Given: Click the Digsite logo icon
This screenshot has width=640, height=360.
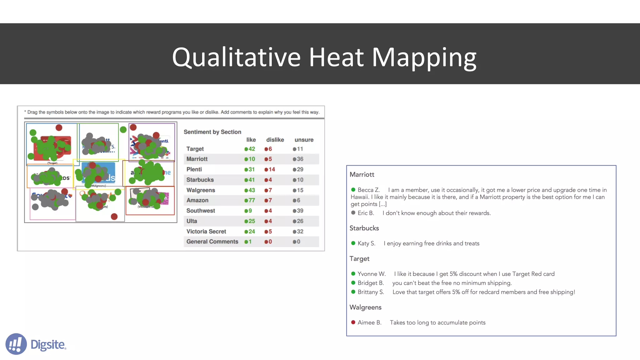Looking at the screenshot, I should point(16,344).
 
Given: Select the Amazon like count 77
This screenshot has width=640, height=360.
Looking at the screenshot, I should point(252,200).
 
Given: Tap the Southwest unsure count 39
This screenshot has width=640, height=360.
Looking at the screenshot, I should point(300,211).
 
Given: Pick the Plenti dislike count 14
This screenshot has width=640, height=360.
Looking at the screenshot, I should point(271,169).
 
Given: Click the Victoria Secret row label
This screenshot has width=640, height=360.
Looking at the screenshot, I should point(206,232).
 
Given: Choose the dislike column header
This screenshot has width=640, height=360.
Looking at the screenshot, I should point(275,140).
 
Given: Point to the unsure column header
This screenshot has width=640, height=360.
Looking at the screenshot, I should point(304,140).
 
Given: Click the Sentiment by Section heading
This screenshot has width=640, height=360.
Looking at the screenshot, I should point(212,132).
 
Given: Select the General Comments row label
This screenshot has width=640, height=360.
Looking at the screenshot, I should point(212,242).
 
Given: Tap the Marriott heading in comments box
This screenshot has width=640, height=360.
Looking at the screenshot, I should point(362,175).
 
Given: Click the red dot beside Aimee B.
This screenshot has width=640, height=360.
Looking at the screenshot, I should point(353,322).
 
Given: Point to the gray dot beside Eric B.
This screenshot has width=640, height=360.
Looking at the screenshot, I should point(353,213).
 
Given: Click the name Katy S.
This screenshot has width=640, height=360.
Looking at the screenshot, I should point(366,243).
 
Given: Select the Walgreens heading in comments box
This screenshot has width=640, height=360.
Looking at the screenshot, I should point(365,307).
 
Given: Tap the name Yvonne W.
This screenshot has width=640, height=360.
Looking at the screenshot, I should point(371,274).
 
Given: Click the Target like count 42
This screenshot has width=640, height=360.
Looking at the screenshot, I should point(252,149).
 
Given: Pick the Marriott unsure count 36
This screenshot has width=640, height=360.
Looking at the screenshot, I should point(300,159).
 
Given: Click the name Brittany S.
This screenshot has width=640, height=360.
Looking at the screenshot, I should point(371,292).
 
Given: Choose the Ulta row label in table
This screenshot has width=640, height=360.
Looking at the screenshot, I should point(192,221).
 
